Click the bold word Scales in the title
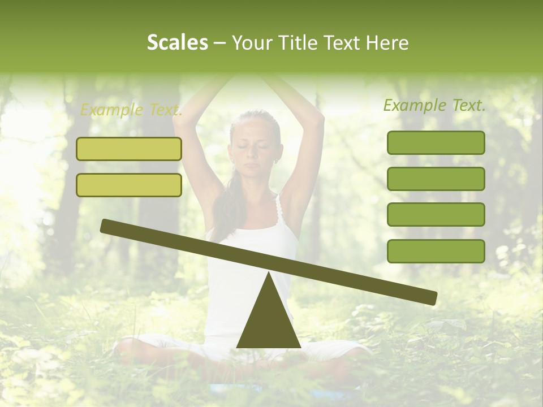(x=177, y=43)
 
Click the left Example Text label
(x=131, y=110)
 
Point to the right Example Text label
(x=434, y=105)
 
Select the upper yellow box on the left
(x=129, y=149)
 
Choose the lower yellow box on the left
(x=129, y=185)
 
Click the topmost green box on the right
(x=436, y=142)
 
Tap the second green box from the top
(x=436, y=179)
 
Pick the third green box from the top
(x=436, y=215)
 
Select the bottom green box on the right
(x=436, y=251)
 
